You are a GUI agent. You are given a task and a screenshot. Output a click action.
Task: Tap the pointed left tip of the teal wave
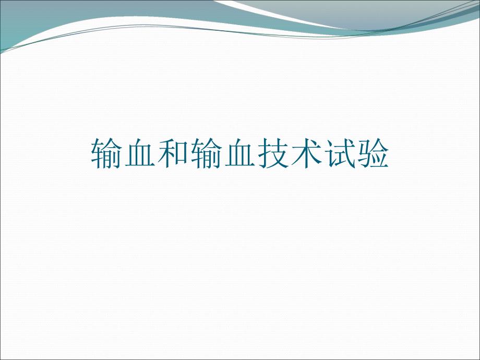point(2,51)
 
